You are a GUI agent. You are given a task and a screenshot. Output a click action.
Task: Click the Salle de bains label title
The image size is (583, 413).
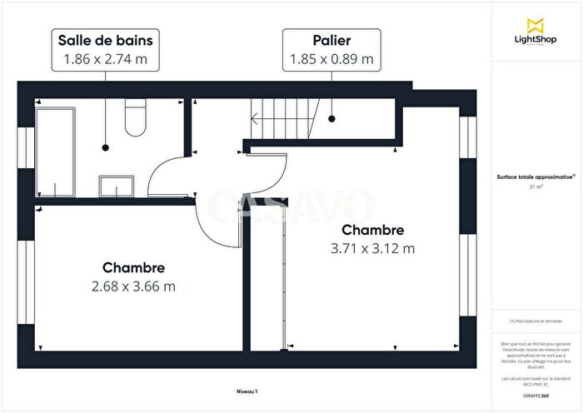(x=105, y=40)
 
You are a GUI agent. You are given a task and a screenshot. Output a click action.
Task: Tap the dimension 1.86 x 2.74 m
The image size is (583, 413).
(x=105, y=59)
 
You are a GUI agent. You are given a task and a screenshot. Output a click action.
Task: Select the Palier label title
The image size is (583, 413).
(x=331, y=40)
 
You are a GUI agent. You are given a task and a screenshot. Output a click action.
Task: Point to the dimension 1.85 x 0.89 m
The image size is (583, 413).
(x=331, y=59)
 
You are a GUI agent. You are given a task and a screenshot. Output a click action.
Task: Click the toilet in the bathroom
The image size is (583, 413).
(x=135, y=120)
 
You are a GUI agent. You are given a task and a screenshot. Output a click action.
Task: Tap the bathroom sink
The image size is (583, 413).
(x=110, y=184)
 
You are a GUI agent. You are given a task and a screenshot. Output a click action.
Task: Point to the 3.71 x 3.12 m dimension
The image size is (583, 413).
(x=372, y=248)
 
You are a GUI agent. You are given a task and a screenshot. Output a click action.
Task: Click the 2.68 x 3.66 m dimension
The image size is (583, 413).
(x=133, y=286)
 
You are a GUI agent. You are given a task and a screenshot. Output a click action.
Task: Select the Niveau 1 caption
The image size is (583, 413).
(x=247, y=391)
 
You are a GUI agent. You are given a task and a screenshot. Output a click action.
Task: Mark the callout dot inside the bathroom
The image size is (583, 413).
(x=105, y=148)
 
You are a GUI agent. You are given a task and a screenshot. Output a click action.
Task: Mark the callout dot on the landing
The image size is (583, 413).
(x=331, y=118)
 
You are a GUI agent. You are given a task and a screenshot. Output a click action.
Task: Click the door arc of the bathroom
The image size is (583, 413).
(x=171, y=171)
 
